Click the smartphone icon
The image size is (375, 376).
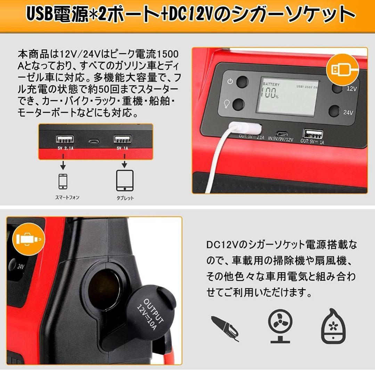(x=63, y=181)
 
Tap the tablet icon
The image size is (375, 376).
(x=124, y=180)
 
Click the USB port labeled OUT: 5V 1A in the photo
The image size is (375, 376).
(x=313, y=134)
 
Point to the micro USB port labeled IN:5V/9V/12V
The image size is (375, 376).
(x=280, y=133)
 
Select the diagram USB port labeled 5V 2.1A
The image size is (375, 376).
(x=65, y=139)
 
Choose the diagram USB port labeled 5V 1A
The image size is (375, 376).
(x=122, y=139)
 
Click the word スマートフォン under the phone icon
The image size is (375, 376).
(x=67, y=197)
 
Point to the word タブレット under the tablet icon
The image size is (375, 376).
(x=125, y=198)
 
